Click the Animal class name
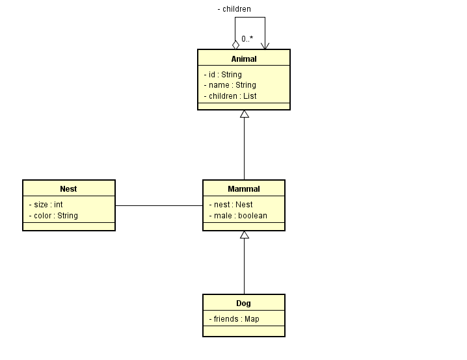244,59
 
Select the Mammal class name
244,189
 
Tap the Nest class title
68,189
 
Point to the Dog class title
244,303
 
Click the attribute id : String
223,74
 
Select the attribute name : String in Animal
230,85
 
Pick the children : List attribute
230,96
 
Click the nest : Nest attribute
231,205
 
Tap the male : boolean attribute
238,216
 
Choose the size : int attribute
46,205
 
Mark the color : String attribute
53,216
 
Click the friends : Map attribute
234,319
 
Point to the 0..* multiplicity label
247,39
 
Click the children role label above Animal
234,9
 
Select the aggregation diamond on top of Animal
235,45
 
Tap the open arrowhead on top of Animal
265,46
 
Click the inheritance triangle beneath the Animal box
245,114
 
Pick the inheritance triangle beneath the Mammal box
245,235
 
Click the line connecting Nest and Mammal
159,205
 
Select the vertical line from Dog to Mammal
244,266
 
